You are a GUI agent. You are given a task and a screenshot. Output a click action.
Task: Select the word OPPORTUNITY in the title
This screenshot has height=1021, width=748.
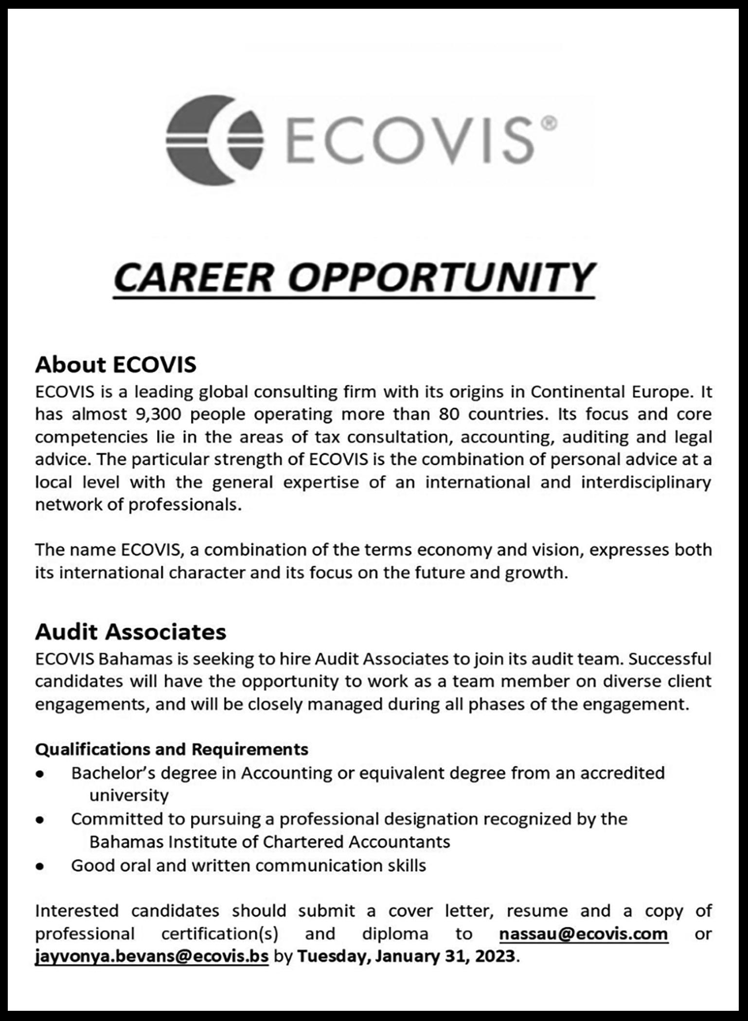[444, 278]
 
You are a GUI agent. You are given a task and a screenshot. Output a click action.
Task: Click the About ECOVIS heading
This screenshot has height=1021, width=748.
[116, 365]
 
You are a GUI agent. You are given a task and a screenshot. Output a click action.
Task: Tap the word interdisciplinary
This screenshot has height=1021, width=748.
[646, 482]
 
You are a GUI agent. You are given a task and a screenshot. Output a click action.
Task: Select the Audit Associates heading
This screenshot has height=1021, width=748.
[131, 632]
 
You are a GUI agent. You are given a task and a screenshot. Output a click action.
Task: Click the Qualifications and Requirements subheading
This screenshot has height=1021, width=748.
[172, 749]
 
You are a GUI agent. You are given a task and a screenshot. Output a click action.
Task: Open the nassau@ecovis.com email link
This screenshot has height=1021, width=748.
[584, 934]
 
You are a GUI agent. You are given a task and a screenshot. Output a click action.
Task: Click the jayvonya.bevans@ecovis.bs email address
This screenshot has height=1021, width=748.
[152, 956]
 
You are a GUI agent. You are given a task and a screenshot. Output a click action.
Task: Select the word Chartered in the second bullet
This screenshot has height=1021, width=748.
[303, 842]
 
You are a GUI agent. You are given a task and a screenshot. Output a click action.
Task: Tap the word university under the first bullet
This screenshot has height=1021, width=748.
[129, 796]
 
